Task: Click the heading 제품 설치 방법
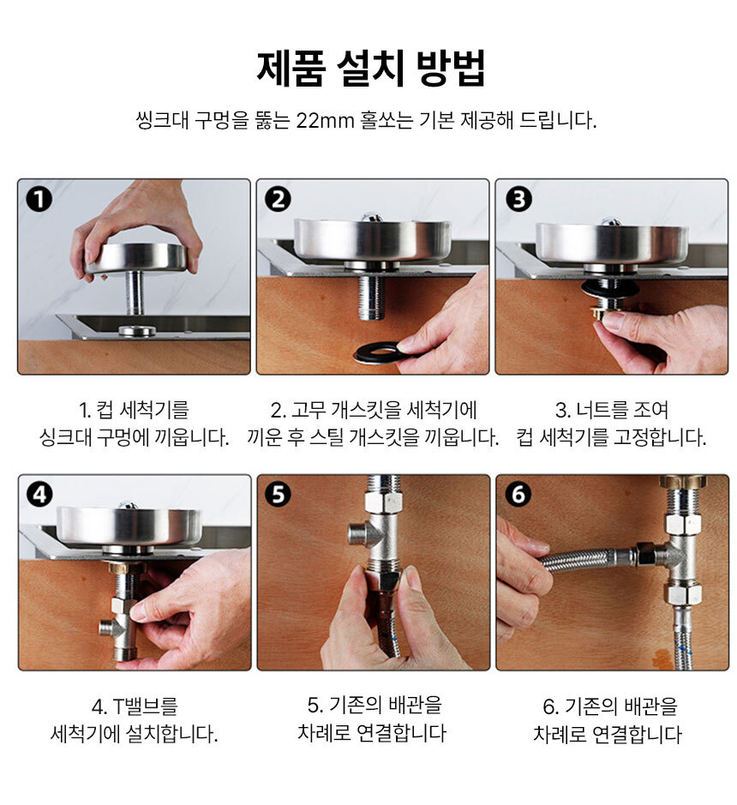370,69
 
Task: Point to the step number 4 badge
39,495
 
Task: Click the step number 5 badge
278,495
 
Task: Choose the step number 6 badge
518,495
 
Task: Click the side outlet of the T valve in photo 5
359,532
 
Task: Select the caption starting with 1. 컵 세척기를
134,410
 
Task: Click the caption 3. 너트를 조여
611,410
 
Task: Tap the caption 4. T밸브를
134,707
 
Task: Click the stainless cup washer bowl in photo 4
129,524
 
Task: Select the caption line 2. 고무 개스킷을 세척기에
374,410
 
